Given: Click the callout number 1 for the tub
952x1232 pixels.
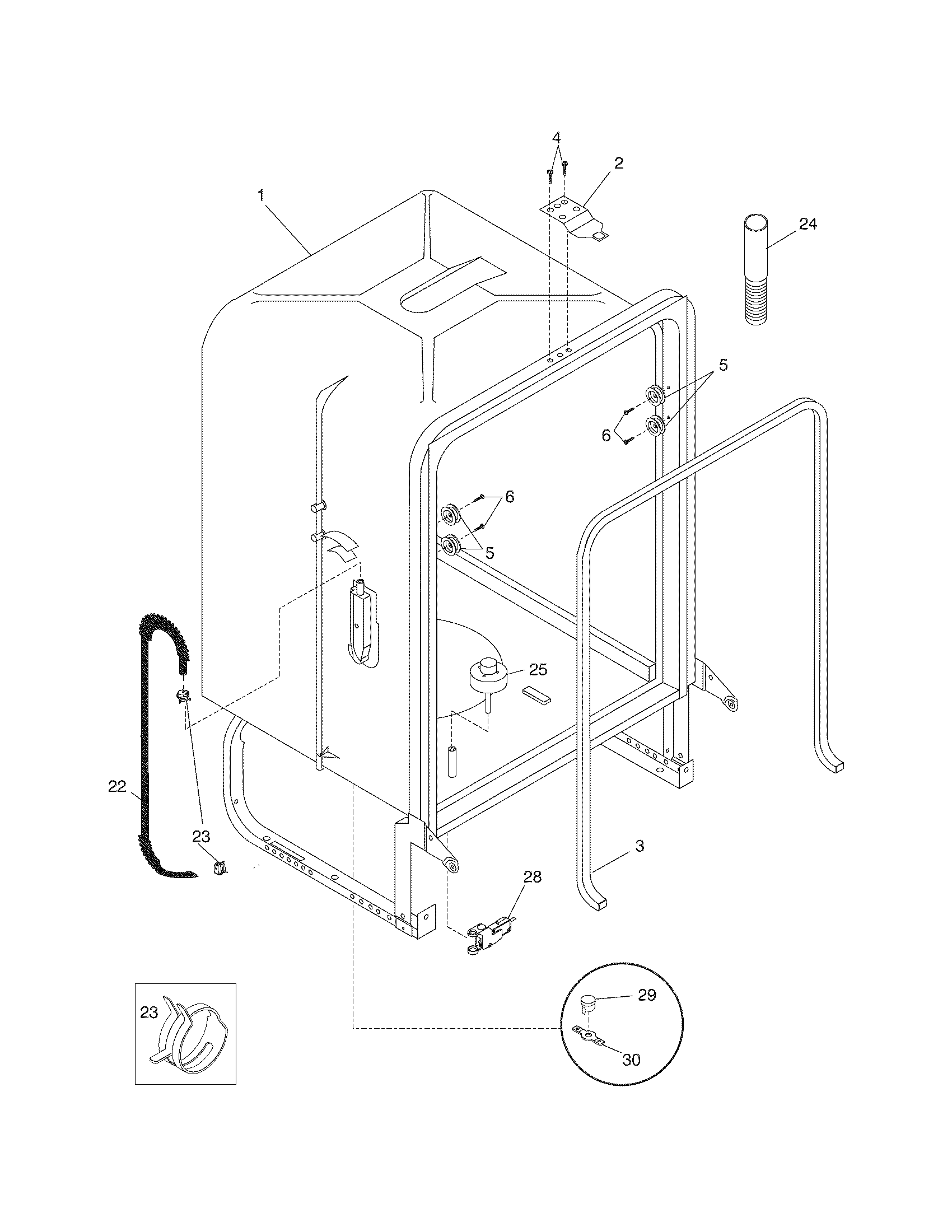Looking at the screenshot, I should click(x=260, y=196).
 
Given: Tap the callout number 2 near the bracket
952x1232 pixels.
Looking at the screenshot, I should click(x=619, y=164).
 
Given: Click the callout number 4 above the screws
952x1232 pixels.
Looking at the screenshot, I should click(x=556, y=138).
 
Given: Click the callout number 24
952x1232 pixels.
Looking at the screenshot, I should click(x=808, y=224).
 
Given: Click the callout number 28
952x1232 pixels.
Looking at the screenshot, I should click(x=532, y=877).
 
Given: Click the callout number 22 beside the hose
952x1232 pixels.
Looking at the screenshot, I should click(x=117, y=787).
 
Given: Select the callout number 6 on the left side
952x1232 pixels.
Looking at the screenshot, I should click(x=509, y=496).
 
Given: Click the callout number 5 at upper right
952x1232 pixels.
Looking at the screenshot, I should click(x=723, y=365).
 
